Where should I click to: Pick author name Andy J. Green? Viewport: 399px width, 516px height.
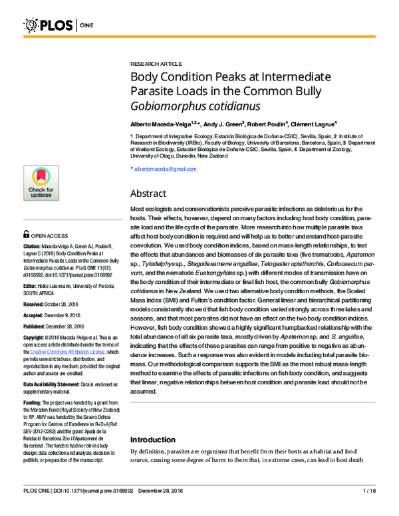tap(223, 124)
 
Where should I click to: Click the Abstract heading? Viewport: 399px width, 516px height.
tap(152, 194)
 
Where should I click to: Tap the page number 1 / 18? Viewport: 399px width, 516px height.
tap(370, 509)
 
